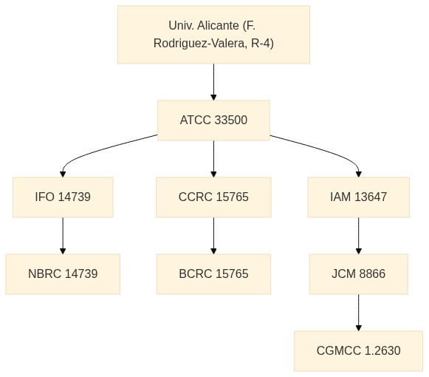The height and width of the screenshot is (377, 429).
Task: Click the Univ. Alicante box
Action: [213, 35]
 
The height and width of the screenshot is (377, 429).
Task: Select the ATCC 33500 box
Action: [213, 120]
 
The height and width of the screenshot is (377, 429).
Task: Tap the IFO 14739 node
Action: [63, 197]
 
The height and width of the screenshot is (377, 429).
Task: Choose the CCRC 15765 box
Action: [213, 197]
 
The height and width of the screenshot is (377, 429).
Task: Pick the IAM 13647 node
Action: [358, 197]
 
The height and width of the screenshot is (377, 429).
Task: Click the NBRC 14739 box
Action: [63, 274]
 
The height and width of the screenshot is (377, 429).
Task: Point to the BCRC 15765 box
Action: [213, 274]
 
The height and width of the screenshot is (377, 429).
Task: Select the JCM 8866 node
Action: [358, 274]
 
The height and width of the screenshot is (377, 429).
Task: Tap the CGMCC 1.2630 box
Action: [358, 351]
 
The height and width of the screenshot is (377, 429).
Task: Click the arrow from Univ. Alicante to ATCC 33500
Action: [213, 82]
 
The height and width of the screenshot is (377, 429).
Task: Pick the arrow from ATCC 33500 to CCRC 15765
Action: [213, 159]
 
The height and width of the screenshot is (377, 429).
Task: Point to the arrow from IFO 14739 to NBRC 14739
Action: [63, 236]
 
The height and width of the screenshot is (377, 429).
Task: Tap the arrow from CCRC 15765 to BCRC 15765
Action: [213, 236]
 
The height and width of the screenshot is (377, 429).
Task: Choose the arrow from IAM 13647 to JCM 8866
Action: [358, 236]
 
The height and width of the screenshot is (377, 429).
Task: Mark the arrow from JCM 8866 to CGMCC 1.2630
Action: [358, 313]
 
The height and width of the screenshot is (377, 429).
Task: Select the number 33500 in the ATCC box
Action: [231, 120]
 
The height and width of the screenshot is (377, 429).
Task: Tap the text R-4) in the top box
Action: [262, 44]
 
